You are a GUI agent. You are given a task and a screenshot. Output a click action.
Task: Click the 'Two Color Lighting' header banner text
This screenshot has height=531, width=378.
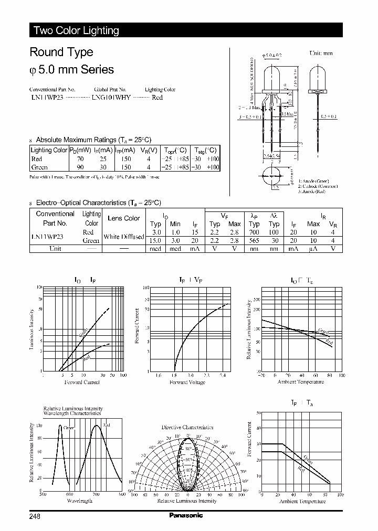click(x=76, y=30)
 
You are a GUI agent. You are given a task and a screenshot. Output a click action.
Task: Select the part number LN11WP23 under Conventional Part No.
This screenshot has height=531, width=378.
click(x=46, y=98)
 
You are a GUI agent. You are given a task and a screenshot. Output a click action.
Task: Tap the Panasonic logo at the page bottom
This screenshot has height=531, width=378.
click(x=185, y=515)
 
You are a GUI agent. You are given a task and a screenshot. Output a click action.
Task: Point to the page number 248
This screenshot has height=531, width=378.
click(x=35, y=516)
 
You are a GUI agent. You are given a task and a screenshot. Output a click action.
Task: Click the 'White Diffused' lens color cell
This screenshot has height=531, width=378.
click(x=124, y=237)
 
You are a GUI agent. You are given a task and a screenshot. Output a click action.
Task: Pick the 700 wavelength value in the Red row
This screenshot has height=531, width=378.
click(x=254, y=232)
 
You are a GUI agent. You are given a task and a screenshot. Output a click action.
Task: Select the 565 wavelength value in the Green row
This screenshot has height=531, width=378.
click(x=254, y=240)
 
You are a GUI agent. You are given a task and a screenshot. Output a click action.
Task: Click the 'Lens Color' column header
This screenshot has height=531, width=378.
click(x=123, y=218)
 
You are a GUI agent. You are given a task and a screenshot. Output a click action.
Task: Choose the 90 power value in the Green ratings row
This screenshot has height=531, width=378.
click(x=80, y=167)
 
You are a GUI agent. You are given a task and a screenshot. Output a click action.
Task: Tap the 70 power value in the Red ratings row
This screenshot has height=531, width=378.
click(x=80, y=159)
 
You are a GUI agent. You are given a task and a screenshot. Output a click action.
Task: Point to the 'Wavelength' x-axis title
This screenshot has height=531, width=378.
click(x=80, y=501)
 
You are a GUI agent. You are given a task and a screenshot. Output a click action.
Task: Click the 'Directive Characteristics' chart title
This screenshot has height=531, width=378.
click(x=187, y=428)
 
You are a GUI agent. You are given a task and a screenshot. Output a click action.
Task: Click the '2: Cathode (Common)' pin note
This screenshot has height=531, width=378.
click(x=318, y=186)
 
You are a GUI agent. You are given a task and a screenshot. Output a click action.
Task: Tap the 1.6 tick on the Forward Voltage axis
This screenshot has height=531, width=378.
click(x=159, y=376)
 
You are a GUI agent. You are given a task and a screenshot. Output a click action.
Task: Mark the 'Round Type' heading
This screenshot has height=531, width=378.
click(x=61, y=52)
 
